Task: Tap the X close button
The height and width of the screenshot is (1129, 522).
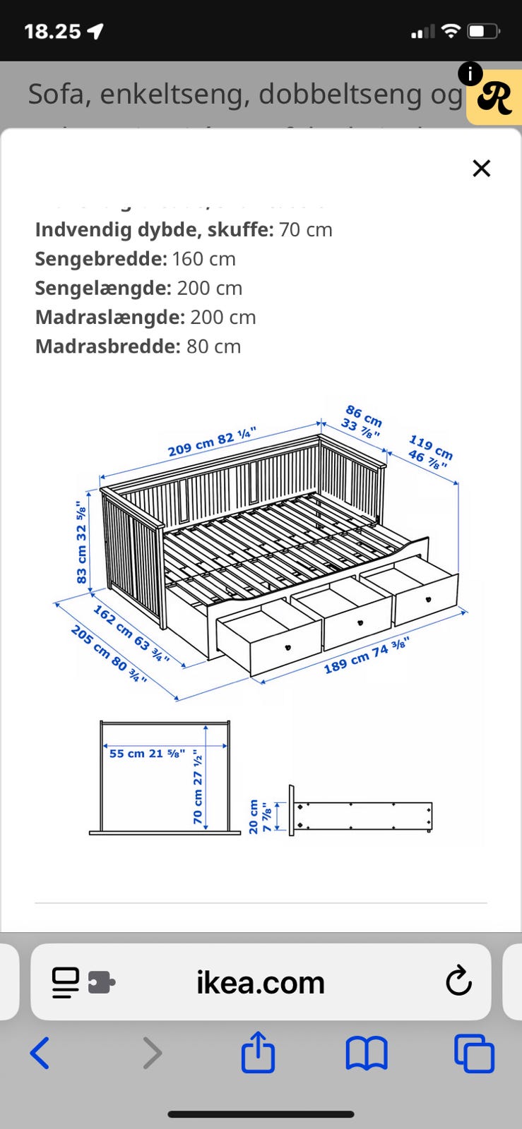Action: tap(481, 168)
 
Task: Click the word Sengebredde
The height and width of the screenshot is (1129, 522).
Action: tap(101, 259)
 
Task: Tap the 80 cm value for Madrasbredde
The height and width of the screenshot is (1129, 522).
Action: tap(213, 346)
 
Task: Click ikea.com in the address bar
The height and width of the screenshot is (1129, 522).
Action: tap(260, 982)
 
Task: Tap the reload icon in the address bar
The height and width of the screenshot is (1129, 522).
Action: tap(458, 981)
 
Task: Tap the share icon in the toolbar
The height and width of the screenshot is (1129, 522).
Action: tap(258, 1052)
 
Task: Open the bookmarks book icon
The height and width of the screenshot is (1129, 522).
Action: tap(366, 1053)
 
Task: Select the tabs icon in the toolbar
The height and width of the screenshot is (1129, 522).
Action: tap(474, 1053)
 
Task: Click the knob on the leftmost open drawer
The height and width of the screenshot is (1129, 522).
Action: tap(288, 647)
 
